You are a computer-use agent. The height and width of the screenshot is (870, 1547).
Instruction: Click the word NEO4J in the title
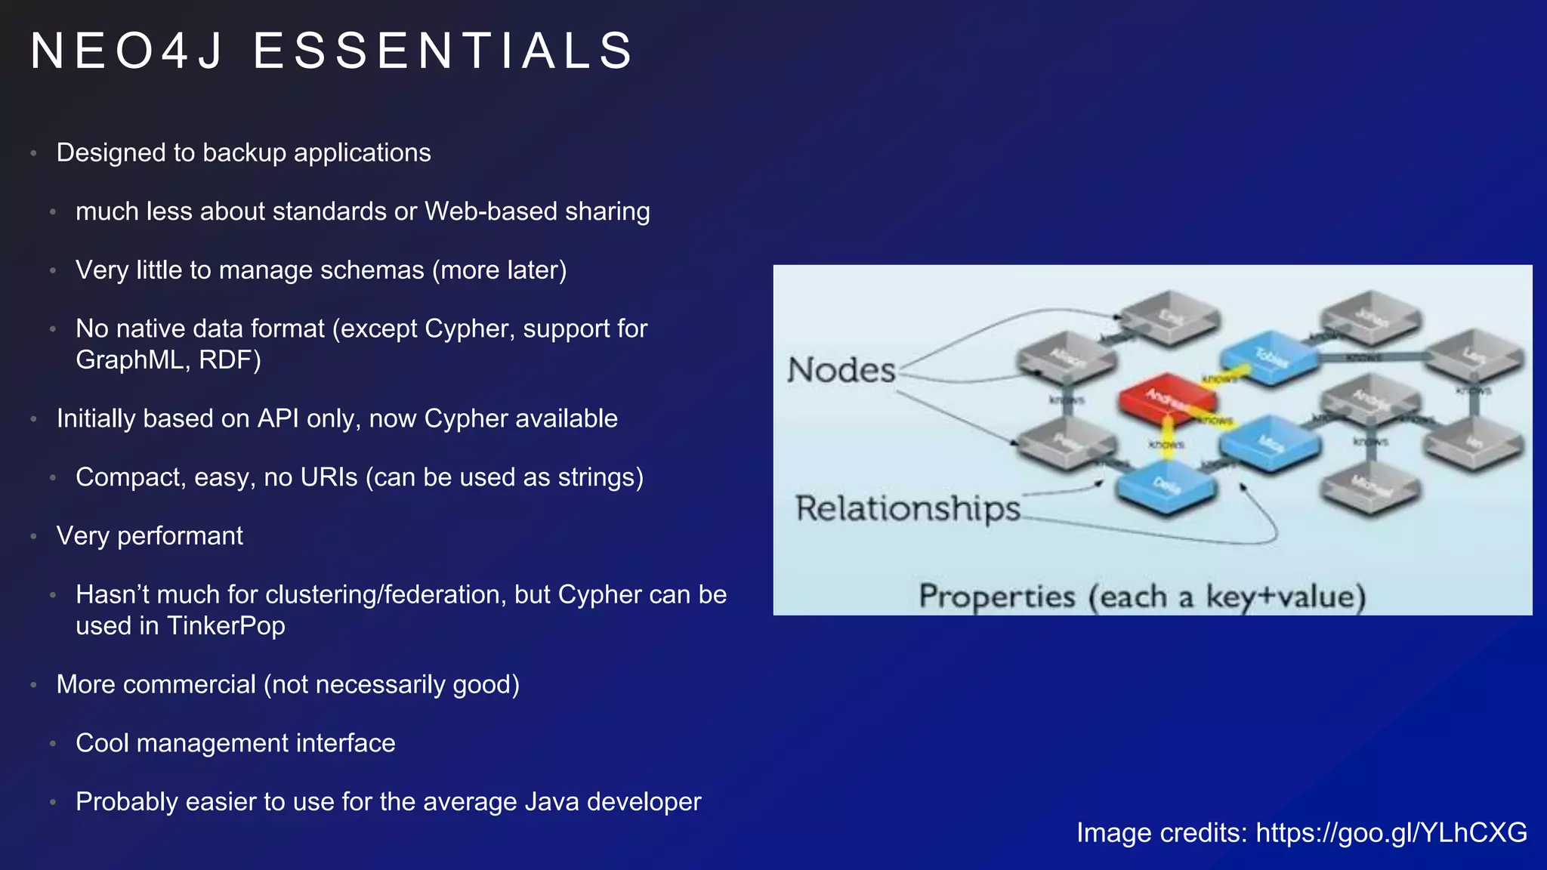point(127,51)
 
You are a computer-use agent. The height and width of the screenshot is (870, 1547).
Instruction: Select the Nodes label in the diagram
point(841,370)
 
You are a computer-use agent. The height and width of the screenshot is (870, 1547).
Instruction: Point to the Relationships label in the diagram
point(907,508)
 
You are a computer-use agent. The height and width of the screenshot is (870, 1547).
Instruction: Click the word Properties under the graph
point(996,597)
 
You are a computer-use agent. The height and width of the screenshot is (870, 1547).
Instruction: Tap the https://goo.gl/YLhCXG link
point(1391,832)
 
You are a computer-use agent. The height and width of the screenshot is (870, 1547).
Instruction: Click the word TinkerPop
point(226,626)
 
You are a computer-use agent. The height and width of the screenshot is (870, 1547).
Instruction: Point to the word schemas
point(378,270)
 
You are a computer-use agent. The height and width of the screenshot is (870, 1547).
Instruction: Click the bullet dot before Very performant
point(33,537)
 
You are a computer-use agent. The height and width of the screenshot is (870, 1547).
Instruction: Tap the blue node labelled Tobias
point(1270,356)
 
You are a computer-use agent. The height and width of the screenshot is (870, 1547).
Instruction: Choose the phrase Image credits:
point(1162,832)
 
